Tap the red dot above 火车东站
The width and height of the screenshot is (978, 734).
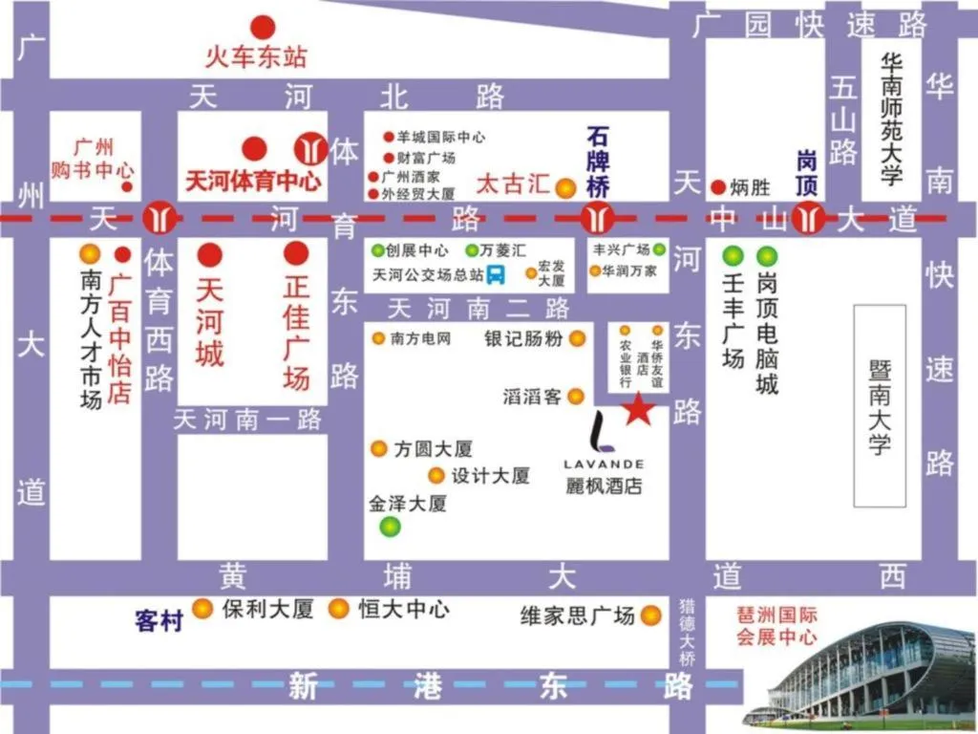pos(263,28)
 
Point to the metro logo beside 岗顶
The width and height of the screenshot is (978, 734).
pos(809,218)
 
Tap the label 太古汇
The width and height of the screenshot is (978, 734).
pos(514,183)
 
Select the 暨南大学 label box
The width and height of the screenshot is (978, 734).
pos(879,405)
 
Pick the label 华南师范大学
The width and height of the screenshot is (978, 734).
pos(891,119)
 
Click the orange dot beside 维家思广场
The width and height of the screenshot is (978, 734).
pos(651,615)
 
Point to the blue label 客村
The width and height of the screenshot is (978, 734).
pos(159,620)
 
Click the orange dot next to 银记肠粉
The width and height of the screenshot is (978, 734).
pos(578,338)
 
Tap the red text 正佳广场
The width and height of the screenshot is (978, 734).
pos(296,332)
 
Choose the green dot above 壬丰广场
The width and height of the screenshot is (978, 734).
pos(733,255)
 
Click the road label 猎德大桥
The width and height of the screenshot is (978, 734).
pos(687,633)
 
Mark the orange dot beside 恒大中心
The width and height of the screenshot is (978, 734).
pos(338,608)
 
